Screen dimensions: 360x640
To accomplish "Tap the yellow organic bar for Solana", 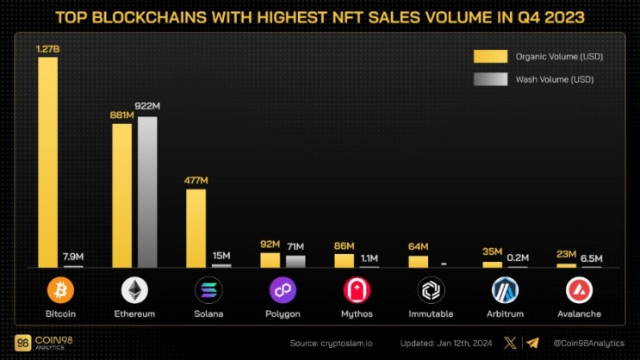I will [196, 227].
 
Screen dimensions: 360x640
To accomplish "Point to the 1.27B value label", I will [48, 49].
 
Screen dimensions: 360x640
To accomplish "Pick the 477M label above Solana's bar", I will [196, 180].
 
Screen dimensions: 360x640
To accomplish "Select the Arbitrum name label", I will [505, 314].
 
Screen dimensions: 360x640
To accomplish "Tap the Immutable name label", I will [431, 314].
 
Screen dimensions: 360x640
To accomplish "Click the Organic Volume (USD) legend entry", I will [538, 57].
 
